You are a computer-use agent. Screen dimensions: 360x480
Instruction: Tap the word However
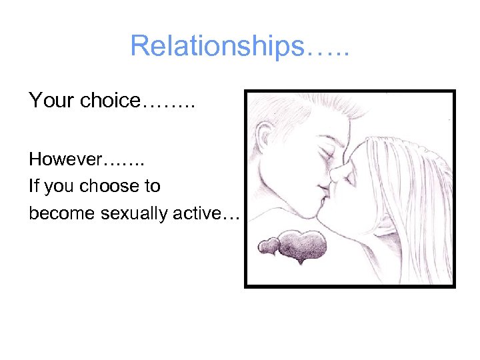click(x=65, y=160)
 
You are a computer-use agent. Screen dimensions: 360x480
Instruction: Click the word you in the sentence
click(x=59, y=187)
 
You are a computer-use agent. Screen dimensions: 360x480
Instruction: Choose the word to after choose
click(x=151, y=186)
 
